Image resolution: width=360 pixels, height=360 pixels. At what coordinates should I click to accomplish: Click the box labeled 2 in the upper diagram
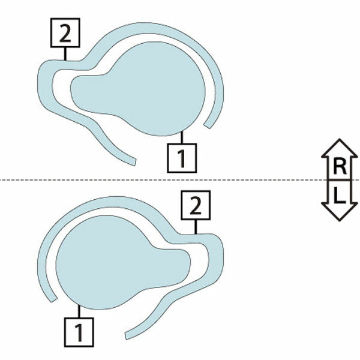65,33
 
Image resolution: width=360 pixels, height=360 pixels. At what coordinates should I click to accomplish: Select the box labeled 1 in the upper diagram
182,158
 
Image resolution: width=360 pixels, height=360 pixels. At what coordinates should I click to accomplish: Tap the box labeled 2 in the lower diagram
196,205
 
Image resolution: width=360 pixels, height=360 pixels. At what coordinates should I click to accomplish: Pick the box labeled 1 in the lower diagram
79,332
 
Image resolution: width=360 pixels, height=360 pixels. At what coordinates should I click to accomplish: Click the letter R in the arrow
340,167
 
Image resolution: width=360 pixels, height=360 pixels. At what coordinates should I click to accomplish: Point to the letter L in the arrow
340,195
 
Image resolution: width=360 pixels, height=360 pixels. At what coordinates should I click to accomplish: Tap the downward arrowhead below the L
340,212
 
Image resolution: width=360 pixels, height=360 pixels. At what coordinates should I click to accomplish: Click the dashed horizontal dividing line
180,180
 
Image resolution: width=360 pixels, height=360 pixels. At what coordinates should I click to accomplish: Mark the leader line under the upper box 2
65,54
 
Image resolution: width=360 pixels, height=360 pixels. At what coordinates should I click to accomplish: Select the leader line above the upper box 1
182,137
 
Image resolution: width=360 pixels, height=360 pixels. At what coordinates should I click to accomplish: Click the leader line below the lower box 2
196,227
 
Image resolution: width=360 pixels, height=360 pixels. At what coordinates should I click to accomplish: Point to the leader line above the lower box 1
79,311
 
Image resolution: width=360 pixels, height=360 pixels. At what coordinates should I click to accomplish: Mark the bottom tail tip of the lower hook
126,335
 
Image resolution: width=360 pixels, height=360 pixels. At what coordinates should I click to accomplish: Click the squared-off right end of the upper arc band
207,126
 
